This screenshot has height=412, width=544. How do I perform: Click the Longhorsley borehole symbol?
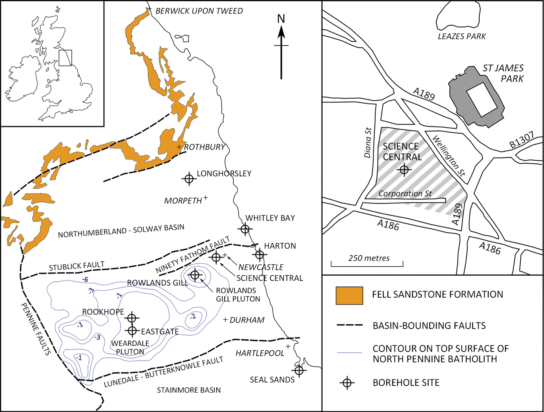tap(189, 179)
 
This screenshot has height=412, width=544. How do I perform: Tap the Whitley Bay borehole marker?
tap(245, 229)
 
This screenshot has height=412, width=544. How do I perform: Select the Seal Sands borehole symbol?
tap(299, 370)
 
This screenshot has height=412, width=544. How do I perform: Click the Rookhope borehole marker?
tap(132, 318)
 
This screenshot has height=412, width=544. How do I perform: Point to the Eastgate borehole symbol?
tap(132, 331)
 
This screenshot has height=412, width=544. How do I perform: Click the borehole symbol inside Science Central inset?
tap(404, 170)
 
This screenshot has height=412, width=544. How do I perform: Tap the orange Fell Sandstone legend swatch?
tap(349, 295)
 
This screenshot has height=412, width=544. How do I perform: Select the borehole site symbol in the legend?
tap(347, 383)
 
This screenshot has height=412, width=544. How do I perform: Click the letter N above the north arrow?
tap(281, 19)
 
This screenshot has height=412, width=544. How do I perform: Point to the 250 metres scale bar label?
tap(369, 258)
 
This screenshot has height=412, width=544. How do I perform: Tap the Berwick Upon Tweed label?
tap(199, 11)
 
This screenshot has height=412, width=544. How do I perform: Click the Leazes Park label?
tap(462, 37)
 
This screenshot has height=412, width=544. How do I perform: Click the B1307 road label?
tap(522, 140)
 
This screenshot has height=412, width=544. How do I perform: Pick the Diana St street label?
tap(368, 142)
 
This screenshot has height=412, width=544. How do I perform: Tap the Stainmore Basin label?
tap(189, 390)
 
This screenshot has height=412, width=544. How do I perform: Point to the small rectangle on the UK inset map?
tap(65, 58)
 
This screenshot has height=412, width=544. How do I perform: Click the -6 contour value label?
tap(85, 279)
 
